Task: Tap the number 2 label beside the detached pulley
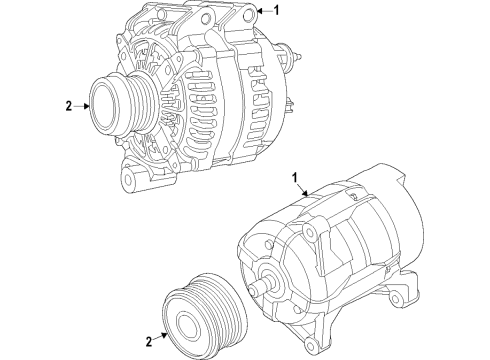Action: point(149,343)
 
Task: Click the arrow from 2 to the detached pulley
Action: point(161,338)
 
